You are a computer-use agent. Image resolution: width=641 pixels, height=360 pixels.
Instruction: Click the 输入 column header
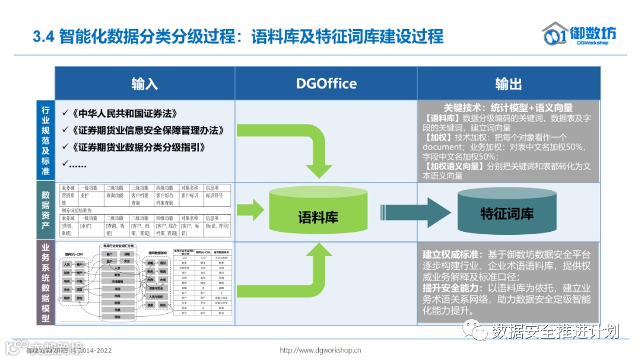point(144,84)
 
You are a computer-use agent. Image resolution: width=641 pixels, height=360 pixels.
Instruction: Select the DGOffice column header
point(326,84)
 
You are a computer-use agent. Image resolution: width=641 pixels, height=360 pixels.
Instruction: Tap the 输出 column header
point(508,84)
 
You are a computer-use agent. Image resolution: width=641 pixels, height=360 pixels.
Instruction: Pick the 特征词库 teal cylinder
point(506,213)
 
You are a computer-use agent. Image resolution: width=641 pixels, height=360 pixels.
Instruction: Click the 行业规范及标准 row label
point(45,141)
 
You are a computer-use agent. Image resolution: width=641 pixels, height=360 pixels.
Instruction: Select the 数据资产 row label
point(45,211)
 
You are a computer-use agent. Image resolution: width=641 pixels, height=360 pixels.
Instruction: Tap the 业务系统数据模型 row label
point(45,282)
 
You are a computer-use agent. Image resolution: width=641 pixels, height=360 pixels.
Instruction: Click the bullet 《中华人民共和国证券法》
point(123,113)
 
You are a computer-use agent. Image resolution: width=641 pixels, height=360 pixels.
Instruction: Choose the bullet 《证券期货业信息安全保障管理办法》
point(146,130)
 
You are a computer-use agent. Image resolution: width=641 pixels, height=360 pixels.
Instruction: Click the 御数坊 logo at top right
point(579,34)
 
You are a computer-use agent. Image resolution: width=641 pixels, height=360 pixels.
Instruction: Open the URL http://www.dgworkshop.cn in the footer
point(320,350)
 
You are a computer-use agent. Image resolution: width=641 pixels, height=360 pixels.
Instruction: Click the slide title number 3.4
point(43,37)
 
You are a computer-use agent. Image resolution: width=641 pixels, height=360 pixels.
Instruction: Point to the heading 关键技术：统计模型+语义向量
point(508,107)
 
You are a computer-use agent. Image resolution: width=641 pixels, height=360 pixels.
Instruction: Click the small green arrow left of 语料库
point(250,209)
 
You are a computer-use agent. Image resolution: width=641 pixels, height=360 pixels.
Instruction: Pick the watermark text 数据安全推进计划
point(555,331)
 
